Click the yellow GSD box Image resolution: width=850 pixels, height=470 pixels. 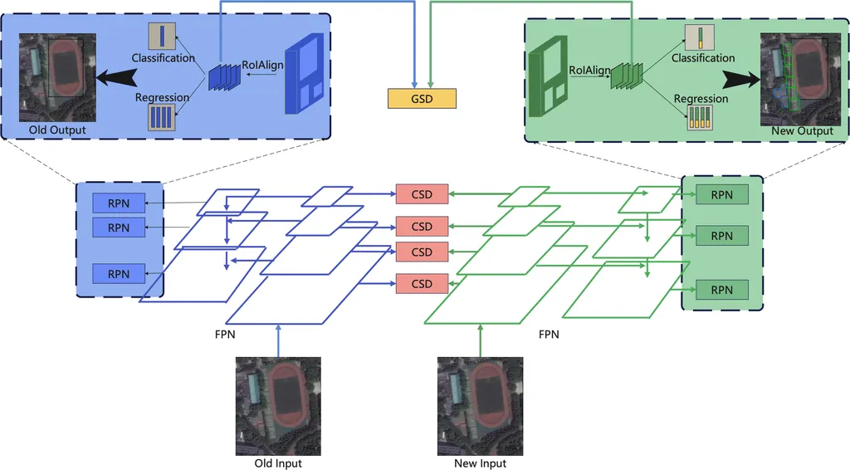coord(422,97)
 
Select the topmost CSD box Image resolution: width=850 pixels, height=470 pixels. coord(422,193)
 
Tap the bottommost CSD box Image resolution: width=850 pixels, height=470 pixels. coord(422,283)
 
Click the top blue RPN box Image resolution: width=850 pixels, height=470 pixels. coord(119,203)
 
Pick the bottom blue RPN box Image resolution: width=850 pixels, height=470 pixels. coord(119,273)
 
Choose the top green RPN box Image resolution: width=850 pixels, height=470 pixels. coord(722,194)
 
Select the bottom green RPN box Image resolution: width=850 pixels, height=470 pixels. coord(722,290)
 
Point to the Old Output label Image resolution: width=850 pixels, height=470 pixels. coord(57,130)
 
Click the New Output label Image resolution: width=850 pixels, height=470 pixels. coord(802,131)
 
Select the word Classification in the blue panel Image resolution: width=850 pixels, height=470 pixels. coord(163,58)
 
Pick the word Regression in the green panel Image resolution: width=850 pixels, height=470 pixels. coord(701,99)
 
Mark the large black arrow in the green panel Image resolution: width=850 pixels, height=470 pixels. coord(740,80)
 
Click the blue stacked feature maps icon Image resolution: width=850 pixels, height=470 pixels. coord(223,76)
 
